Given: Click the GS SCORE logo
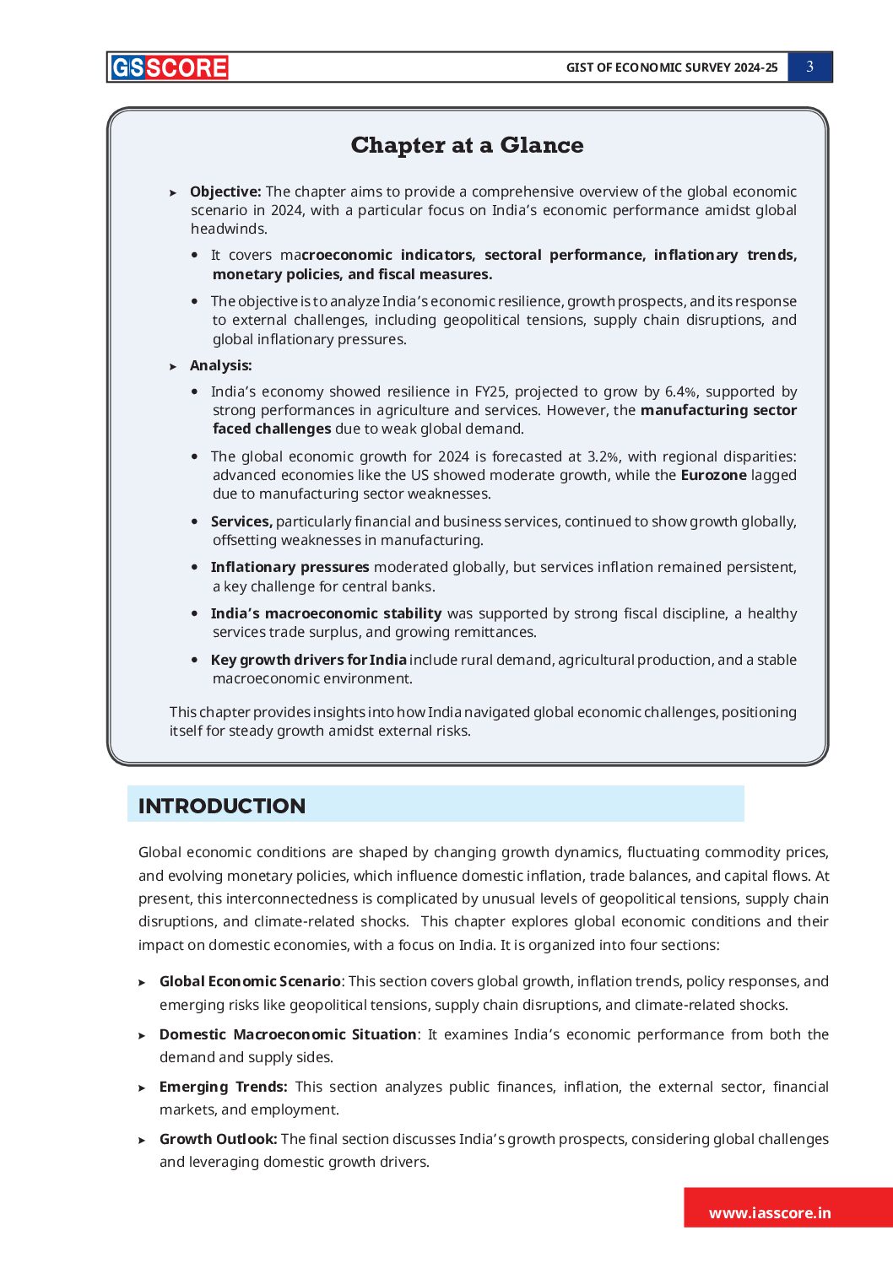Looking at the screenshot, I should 169,67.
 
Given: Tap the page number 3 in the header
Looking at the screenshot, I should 809,67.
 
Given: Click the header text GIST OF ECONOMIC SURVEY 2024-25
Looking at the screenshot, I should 672,67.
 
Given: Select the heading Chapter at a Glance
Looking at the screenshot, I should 467,145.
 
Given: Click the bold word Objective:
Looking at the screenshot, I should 225,192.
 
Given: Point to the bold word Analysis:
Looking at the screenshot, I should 220,365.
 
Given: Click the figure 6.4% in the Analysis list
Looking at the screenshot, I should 680,391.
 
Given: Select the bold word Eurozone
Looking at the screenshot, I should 713,475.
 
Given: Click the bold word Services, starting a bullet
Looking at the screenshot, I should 241,521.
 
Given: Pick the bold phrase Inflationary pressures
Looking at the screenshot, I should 290,567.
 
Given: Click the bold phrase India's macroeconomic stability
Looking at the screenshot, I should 326,613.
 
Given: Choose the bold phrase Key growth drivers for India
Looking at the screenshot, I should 308,660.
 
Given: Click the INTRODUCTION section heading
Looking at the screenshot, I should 222,806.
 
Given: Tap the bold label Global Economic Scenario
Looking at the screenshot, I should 250,981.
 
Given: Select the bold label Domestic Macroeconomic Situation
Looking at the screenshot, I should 288,1034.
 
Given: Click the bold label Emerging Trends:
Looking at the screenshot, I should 223,1087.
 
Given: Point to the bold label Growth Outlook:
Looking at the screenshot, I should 218,1139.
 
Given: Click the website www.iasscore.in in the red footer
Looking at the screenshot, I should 770,1213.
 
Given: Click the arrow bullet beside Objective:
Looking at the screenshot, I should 173,193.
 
